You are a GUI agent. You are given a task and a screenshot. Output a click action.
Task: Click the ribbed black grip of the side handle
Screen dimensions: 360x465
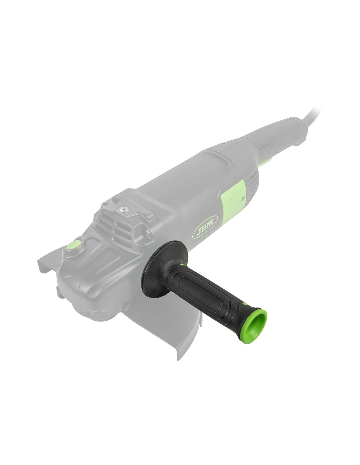pos(210,294)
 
